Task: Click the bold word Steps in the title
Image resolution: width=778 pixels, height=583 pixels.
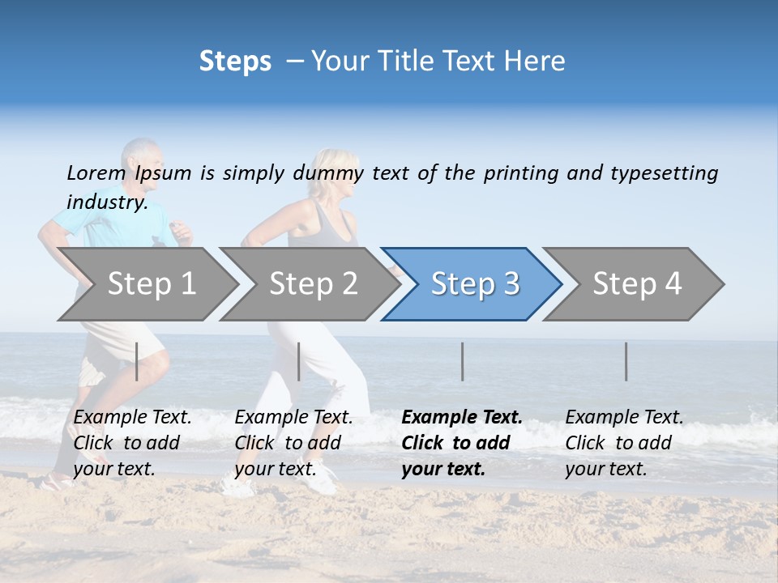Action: click(235, 61)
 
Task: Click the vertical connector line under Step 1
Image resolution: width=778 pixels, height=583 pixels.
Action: click(137, 361)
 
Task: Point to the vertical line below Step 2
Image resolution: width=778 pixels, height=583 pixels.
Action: click(299, 361)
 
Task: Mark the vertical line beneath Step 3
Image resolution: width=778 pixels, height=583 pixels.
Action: click(463, 361)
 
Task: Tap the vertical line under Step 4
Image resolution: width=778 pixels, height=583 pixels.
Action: click(626, 361)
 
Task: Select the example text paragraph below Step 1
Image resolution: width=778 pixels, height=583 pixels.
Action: click(132, 443)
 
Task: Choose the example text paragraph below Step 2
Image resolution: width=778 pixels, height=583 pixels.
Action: click(293, 443)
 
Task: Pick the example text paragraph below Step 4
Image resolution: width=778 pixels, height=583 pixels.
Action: click(624, 443)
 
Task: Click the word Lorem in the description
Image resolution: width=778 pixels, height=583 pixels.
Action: click(96, 172)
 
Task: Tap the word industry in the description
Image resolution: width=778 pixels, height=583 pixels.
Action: click(107, 202)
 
